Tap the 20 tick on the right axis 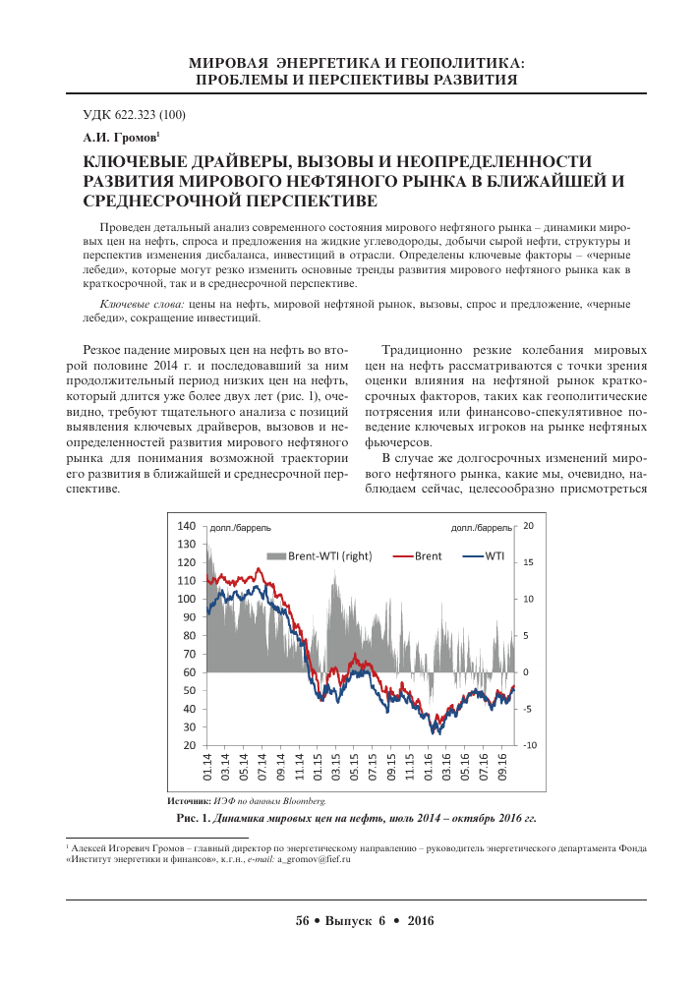[x=528, y=526]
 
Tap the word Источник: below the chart [x=191, y=802]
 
